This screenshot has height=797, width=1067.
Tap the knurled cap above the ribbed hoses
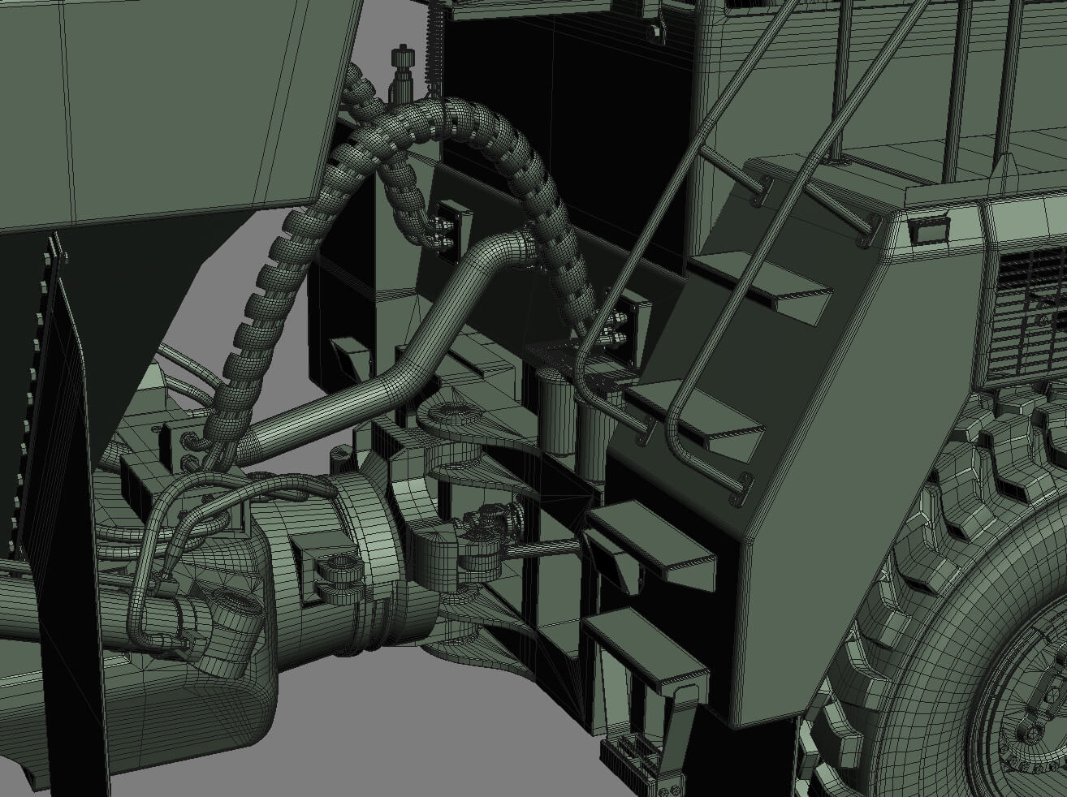(x=400, y=59)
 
